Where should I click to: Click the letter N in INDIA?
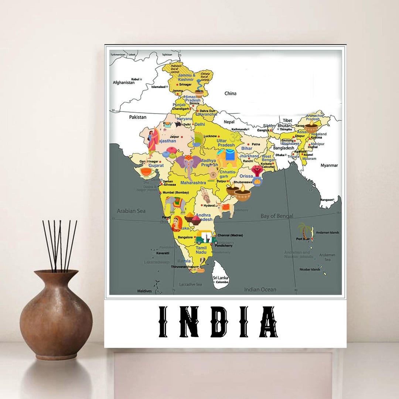coord(187,321)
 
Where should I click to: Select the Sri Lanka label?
coord(220,278)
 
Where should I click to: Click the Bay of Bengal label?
coord(277,216)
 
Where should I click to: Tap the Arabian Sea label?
coord(131,211)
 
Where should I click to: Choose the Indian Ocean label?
coord(260,290)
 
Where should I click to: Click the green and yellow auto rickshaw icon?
coord(206,237)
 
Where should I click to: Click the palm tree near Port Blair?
coord(304,230)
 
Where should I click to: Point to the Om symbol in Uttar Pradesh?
coord(233,138)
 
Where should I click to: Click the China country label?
coord(230,93)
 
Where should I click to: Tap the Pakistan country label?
coord(137,117)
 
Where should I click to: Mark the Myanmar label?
coord(329,166)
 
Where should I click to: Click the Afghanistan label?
coord(124,83)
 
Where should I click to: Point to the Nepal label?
coord(229,122)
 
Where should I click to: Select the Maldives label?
coord(144,291)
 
